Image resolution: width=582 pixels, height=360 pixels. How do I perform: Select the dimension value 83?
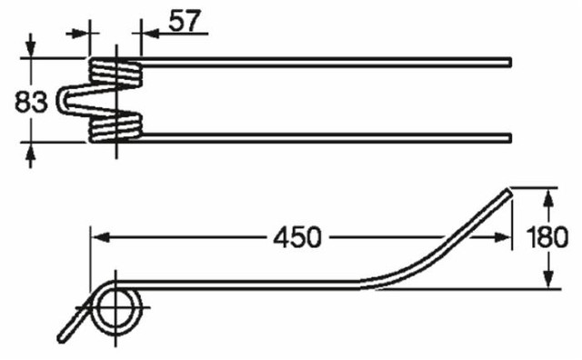click(x=31, y=102)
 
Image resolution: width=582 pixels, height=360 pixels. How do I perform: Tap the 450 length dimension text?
click(x=296, y=238)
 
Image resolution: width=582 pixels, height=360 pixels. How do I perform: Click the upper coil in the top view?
click(x=115, y=72)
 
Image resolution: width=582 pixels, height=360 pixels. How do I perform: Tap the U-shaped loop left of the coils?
click(x=67, y=100)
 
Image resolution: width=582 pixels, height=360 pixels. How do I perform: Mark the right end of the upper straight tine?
click(x=508, y=63)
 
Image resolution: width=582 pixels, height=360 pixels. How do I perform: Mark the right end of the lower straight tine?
click(x=508, y=138)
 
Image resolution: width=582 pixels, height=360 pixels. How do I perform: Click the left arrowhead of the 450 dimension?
click(x=96, y=237)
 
